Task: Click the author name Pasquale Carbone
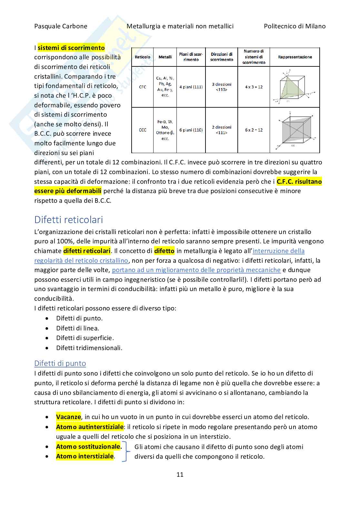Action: pyautogui.click(x=61, y=26)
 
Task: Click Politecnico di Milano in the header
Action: pyautogui.click(x=295, y=26)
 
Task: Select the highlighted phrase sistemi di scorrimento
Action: pyautogui.click(x=71, y=48)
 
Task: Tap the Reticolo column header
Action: pyautogui.click(x=142, y=57)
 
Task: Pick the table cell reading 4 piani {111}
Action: pyautogui.click(x=191, y=87)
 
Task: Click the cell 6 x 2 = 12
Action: pyautogui.click(x=254, y=130)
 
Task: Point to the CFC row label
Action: pyautogui.click(x=142, y=87)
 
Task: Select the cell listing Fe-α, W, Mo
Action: pyautogui.click(x=165, y=130)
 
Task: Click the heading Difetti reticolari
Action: pyautogui.click(x=68, y=220)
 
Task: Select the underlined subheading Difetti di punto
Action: pyautogui.click(x=60, y=363)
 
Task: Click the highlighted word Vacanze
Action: pyautogui.click(x=68, y=417)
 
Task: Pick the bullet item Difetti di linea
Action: pyautogui.click(x=77, y=328)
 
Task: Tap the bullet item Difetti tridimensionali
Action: pyautogui.click(x=89, y=348)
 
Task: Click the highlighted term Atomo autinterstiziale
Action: pyautogui.click(x=90, y=427)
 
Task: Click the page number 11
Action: pyautogui.click(x=180, y=475)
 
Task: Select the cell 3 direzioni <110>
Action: pyautogui.click(x=222, y=87)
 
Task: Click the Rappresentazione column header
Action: pyautogui.click(x=295, y=57)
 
